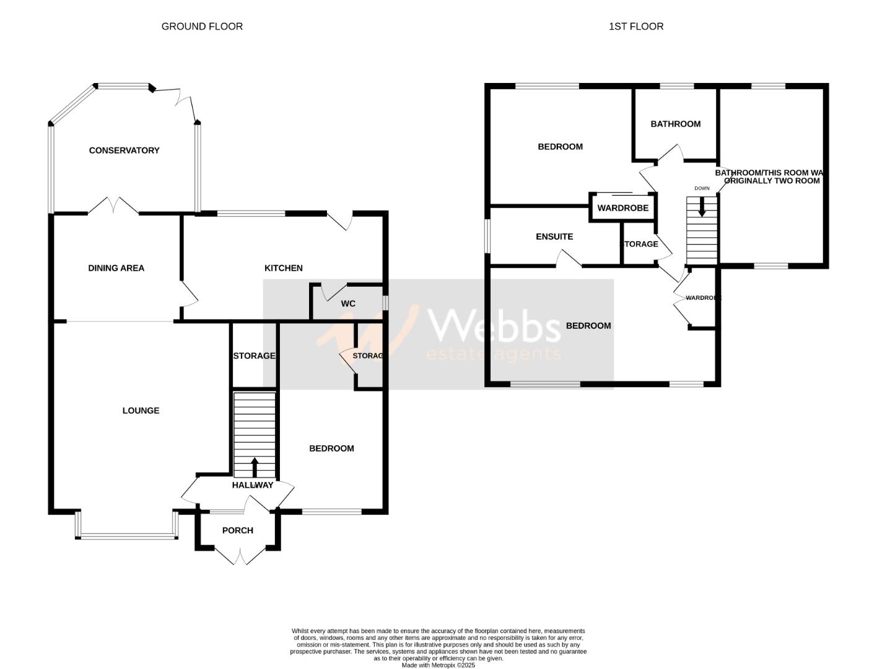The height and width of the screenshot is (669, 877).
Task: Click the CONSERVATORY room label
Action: pyautogui.click(x=124, y=151)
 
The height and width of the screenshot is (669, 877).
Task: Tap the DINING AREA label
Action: pyautogui.click(x=116, y=268)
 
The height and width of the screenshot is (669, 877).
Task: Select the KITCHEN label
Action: pyautogui.click(x=284, y=268)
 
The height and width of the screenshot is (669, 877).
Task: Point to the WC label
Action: pyautogui.click(x=348, y=304)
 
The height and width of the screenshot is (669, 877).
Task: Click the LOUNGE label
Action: pyautogui.click(x=141, y=411)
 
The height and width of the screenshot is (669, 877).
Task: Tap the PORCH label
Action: pyautogui.click(x=237, y=530)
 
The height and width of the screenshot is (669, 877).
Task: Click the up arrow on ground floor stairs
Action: pyautogui.click(x=254, y=466)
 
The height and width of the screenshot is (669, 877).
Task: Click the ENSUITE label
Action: pyautogui.click(x=554, y=237)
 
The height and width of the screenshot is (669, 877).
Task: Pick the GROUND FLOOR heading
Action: pyautogui.click(x=202, y=26)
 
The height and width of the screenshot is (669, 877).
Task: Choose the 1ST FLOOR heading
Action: pyautogui.click(x=636, y=26)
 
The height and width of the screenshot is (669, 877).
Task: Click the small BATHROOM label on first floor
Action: pyautogui.click(x=675, y=124)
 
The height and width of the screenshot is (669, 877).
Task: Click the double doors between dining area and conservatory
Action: pyautogui.click(x=113, y=207)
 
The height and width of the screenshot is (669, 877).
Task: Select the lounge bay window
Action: pyautogui.click(x=126, y=535)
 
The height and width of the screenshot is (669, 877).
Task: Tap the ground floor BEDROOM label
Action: pyautogui.click(x=331, y=448)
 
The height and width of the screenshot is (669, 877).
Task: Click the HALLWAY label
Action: pyautogui.click(x=252, y=485)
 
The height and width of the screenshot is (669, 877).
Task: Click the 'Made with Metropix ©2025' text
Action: pyautogui.click(x=438, y=665)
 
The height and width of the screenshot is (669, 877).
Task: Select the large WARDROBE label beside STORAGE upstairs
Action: pyautogui.click(x=623, y=208)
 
